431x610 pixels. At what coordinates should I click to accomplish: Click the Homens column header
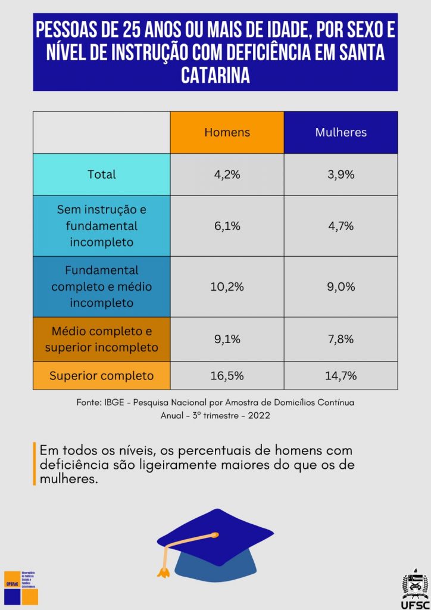click(227, 132)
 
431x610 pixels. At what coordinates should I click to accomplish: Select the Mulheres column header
click(341, 132)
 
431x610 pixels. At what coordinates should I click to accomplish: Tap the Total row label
click(102, 175)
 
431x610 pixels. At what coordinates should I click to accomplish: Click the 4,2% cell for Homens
click(227, 175)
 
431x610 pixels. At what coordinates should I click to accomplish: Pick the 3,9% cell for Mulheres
click(341, 175)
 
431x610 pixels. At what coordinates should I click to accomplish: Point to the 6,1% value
click(227, 226)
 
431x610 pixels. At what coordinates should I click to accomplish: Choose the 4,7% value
click(341, 226)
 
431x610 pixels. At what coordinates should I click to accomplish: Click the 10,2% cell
click(227, 287)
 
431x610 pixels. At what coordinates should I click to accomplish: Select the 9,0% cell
click(341, 287)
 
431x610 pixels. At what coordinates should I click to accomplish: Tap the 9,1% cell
click(227, 339)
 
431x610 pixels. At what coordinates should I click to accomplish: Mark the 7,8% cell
click(341, 339)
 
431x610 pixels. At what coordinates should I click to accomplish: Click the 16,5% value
click(227, 376)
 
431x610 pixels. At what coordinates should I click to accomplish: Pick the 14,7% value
click(341, 376)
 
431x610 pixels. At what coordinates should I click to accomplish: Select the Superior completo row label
click(102, 376)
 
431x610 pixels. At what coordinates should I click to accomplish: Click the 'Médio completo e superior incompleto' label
click(102, 339)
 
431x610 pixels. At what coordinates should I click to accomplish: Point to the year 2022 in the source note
click(258, 415)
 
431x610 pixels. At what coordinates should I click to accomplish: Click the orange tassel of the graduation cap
click(163, 570)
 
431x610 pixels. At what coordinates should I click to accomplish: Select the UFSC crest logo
click(415, 583)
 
